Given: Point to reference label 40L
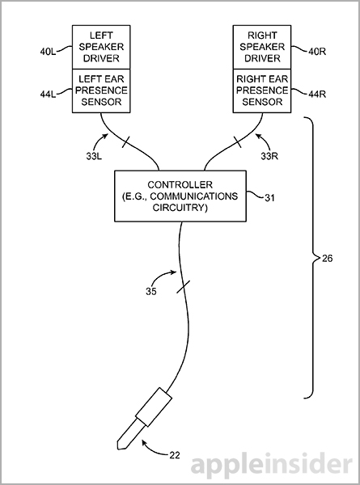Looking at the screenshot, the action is point(48,52).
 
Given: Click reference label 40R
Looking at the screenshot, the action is point(317,52).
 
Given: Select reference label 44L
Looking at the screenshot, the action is point(48,94).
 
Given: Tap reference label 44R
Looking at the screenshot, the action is point(317,94).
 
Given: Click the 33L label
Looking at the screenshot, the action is point(94,156).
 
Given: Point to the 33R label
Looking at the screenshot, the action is point(269,156).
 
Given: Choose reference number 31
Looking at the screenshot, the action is point(269,197).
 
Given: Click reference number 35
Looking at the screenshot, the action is point(151,291).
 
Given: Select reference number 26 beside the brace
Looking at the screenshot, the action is point(327,258).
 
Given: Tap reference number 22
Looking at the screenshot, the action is point(175,455).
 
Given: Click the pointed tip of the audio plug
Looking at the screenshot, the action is point(119,448).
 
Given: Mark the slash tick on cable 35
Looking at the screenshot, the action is point(184,286).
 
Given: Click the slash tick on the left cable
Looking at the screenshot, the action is point(126,142).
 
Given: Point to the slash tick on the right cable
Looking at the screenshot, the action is point(237,141).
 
